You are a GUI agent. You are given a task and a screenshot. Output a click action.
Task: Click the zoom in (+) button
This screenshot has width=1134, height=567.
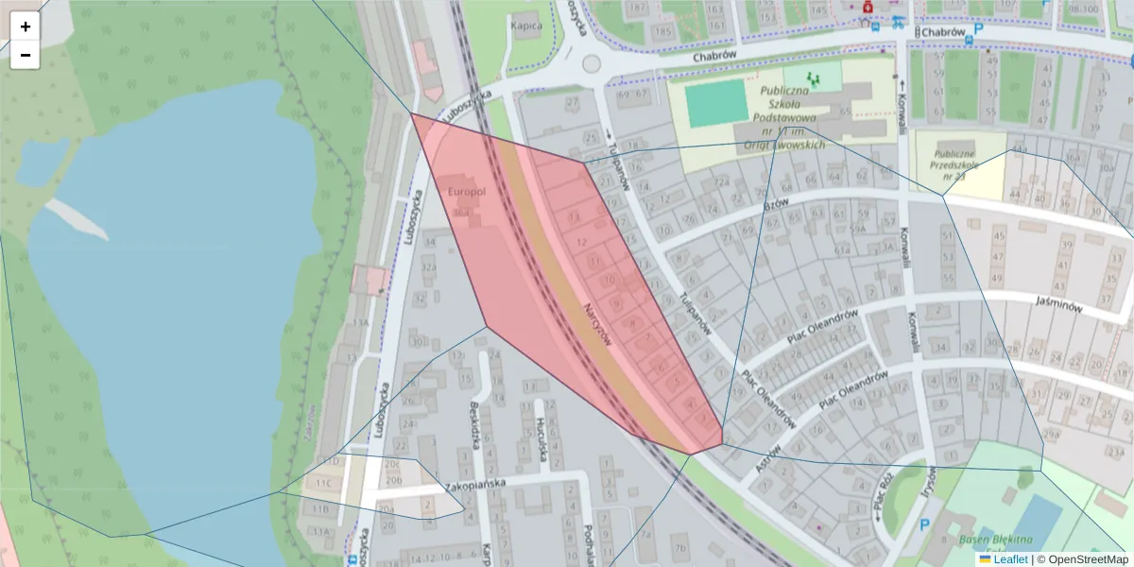coord(26,26)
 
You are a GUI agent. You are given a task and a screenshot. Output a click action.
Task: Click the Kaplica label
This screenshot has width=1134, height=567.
coord(526,26)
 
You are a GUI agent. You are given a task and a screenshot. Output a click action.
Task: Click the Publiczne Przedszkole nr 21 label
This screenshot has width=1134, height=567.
coord(960,163)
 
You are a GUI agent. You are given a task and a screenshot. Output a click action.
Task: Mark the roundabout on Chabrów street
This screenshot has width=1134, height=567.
coord(592,64)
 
